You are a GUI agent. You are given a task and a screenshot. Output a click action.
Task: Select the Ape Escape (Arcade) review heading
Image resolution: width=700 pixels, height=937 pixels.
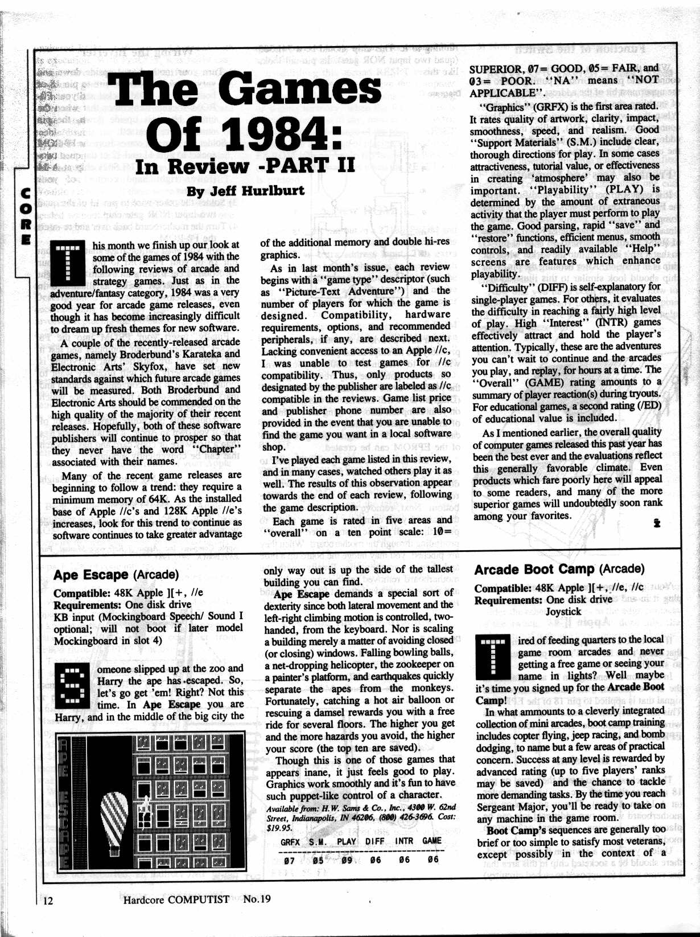pyautogui.click(x=116, y=575)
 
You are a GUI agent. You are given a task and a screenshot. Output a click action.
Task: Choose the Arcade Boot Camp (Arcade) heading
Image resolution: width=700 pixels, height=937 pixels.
pyautogui.click(x=559, y=570)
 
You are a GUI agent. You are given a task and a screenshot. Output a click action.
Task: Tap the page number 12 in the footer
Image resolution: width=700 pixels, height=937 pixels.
pyautogui.click(x=48, y=900)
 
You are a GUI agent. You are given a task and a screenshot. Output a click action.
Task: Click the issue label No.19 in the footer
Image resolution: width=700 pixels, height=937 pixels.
pyautogui.click(x=257, y=899)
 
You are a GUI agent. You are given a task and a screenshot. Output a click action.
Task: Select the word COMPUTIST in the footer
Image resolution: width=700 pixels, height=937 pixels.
pyautogui.click(x=199, y=899)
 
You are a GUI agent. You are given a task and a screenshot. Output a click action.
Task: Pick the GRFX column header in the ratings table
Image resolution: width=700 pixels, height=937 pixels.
pyautogui.click(x=290, y=841)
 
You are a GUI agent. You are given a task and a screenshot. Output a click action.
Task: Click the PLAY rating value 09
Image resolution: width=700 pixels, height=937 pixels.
pyautogui.click(x=347, y=860)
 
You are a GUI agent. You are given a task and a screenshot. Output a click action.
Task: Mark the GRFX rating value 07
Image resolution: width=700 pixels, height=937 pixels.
pyautogui.click(x=290, y=860)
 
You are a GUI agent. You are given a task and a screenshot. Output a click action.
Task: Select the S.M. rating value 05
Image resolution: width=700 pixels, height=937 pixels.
pyautogui.click(x=318, y=860)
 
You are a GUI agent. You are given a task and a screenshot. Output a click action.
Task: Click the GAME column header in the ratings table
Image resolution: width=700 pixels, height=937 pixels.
pyautogui.click(x=432, y=841)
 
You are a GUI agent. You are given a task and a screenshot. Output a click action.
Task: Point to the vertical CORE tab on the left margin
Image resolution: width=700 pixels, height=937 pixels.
pyautogui.click(x=25, y=216)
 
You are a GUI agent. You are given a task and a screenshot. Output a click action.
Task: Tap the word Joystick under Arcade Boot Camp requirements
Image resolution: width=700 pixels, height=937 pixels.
pyautogui.click(x=563, y=612)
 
